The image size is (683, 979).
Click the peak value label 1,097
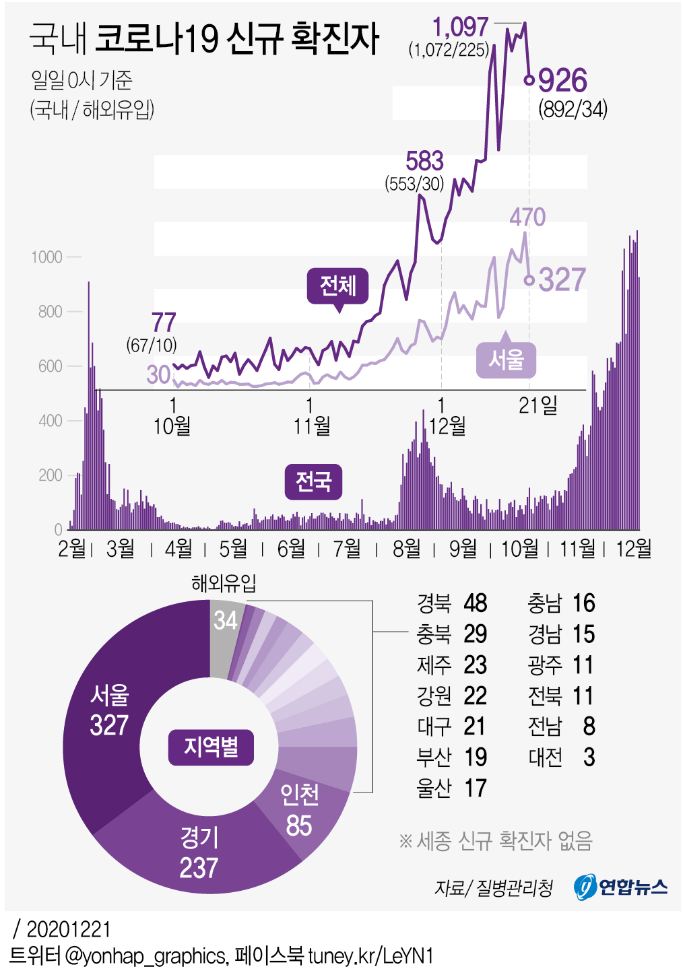click(x=460, y=28)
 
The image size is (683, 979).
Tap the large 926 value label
click(x=562, y=81)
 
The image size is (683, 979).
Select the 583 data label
click(x=424, y=162)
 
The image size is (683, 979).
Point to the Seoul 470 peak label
click(x=527, y=217)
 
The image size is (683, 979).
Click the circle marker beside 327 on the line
click(x=529, y=279)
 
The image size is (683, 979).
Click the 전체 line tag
click(x=337, y=285)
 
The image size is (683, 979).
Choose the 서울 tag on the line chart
click(x=506, y=360)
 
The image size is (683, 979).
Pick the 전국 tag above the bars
click(x=313, y=481)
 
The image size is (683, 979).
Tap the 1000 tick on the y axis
click(x=46, y=257)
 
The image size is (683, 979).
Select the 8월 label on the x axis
click(x=407, y=549)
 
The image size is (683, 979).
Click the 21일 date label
click(x=538, y=405)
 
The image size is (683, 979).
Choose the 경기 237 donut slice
click(x=199, y=852)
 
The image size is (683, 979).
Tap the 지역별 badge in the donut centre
click(x=211, y=747)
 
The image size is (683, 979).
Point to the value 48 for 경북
click(x=476, y=603)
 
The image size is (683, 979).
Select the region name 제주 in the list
click(x=434, y=665)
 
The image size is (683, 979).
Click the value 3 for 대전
click(x=589, y=757)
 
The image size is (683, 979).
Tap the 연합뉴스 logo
click(x=620, y=886)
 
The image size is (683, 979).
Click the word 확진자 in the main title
click(x=335, y=38)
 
